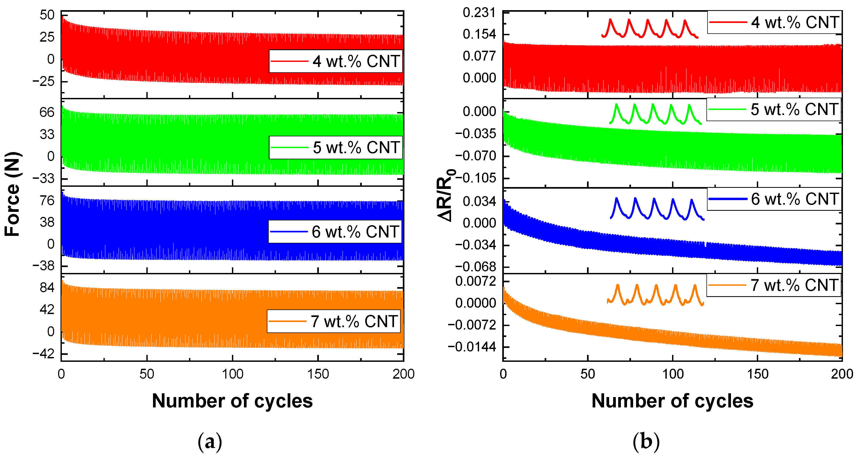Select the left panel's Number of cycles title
[x=232, y=401]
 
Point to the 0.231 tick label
[x=479, y=13]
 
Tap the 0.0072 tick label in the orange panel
[x=476, y=281]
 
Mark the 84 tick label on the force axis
[x=47, y=287]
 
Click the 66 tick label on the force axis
[x=47, y=112]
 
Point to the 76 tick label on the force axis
[x=47, y=201]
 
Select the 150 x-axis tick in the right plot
[x=757, y=374]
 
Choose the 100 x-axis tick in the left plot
[x=232, y=374]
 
